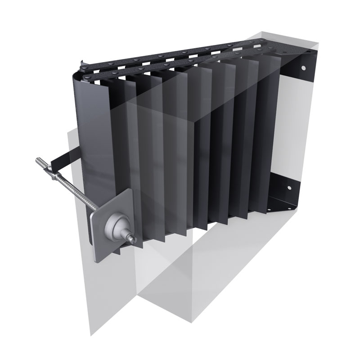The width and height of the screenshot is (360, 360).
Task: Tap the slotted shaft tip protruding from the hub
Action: tap(132, 237)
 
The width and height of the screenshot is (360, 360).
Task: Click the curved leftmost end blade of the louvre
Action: tap(90, 135)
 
